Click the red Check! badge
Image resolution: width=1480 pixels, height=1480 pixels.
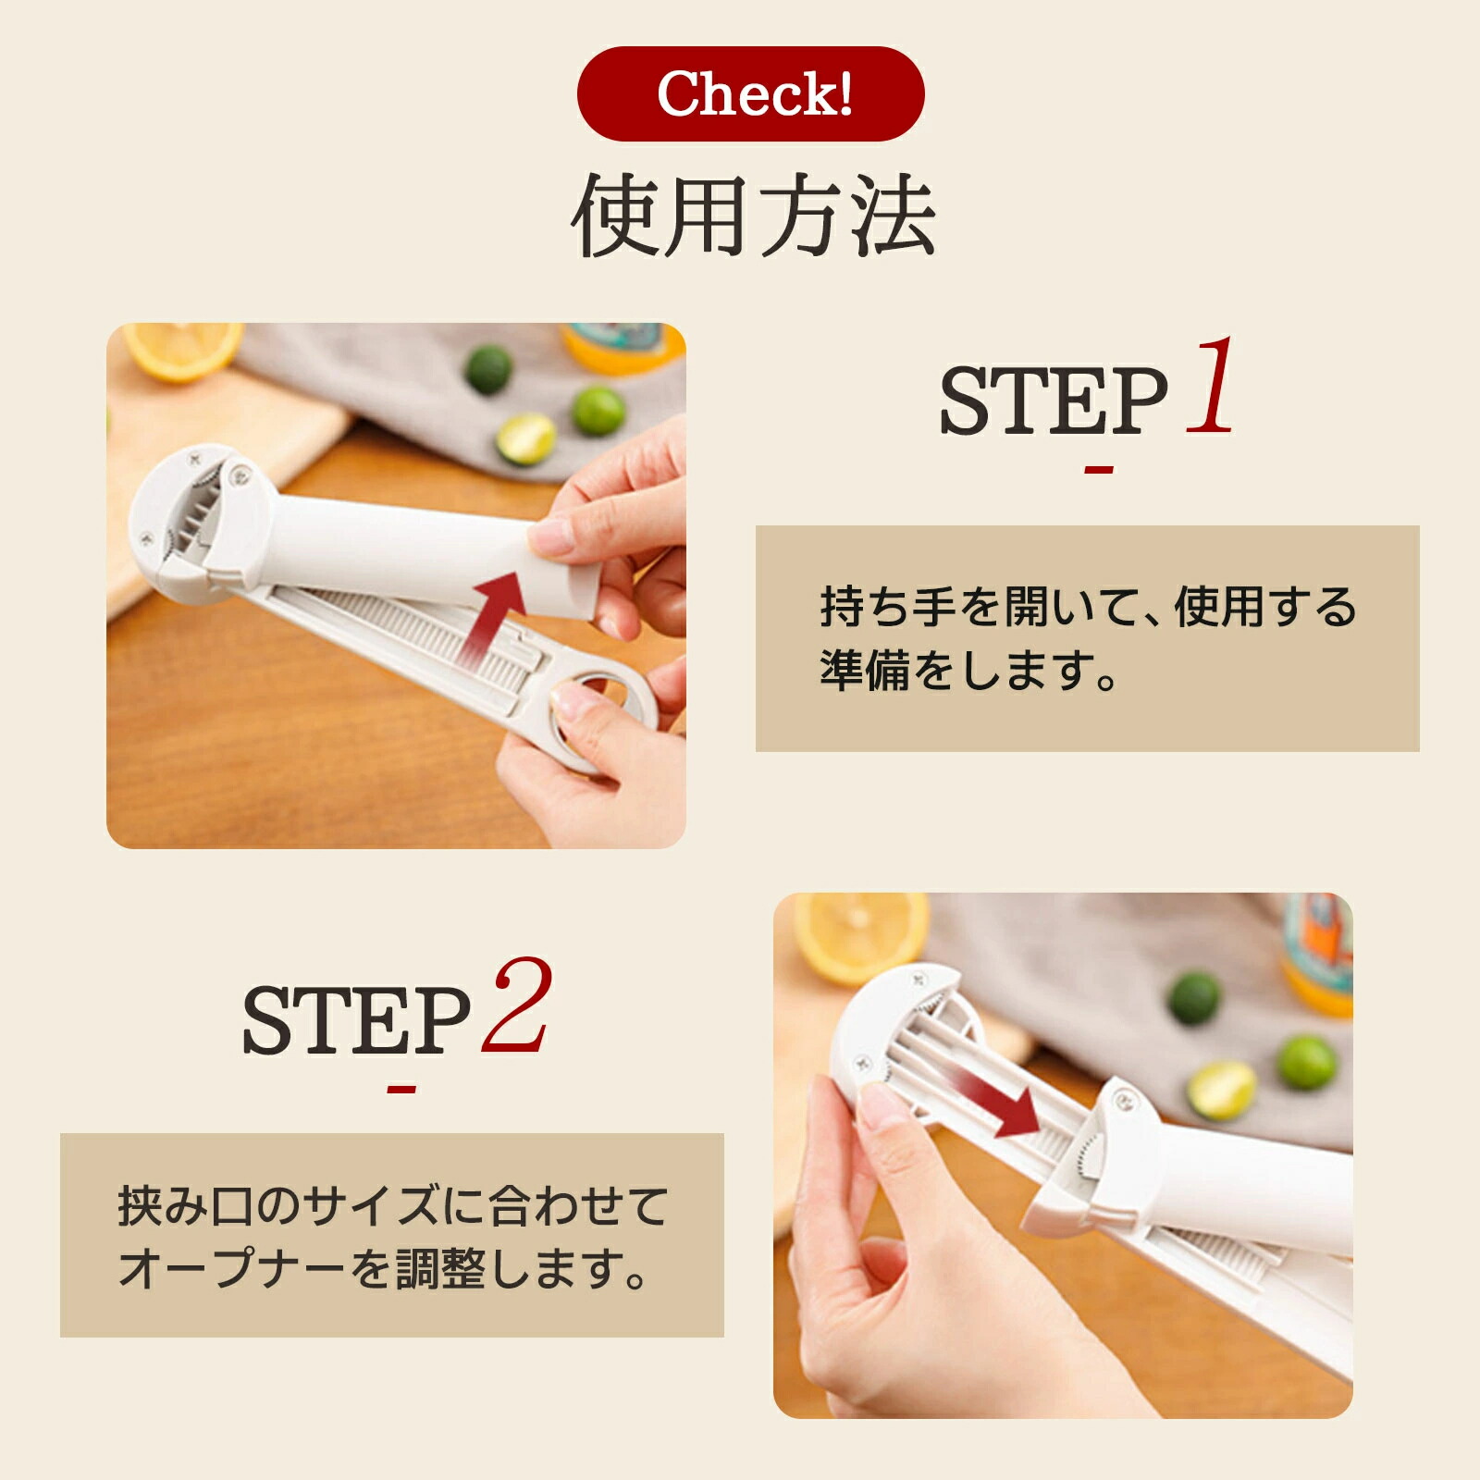tap(750, 93)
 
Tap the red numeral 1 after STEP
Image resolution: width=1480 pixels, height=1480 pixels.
tap(1211, 386)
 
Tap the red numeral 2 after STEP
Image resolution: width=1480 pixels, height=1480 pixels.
tap(517, 1005)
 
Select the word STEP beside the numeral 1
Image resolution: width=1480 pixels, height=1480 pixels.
tap(1054, 400)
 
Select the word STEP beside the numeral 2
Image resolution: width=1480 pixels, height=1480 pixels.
tap(356, 1019)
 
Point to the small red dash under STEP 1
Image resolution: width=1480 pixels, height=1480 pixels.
tap(1098, 470)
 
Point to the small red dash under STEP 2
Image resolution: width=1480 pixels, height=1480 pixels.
tap(401, 1089)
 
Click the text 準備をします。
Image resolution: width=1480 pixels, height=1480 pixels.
tap(969, 671)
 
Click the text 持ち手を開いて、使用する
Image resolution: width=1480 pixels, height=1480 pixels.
tap(1088, 608)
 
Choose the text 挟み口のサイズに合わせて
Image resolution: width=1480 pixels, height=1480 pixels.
tap(392, 1206)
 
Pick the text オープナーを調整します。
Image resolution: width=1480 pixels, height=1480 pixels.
tap(384, 1269)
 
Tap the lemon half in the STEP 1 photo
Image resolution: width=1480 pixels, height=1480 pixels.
tap(181, 350)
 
